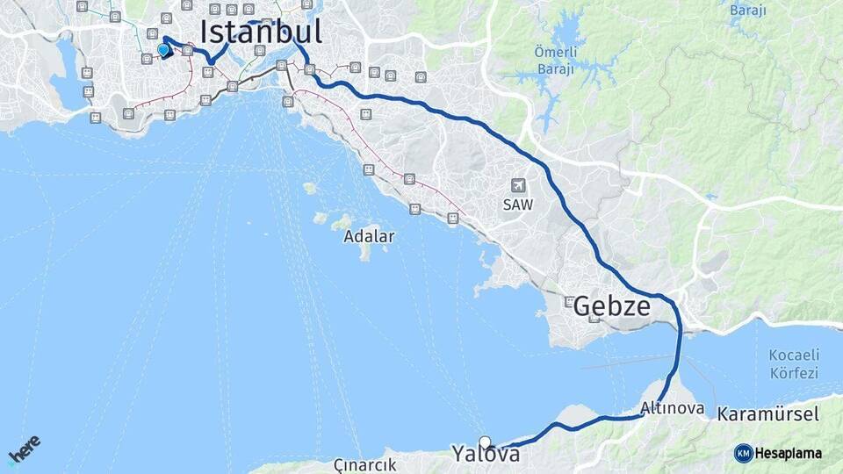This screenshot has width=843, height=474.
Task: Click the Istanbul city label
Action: [261, 32]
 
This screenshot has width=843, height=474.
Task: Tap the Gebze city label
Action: [612, 307]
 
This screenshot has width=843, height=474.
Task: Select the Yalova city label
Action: [486, 454]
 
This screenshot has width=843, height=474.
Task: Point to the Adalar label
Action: [369, 236]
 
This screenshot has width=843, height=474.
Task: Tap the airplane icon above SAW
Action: [517, 185]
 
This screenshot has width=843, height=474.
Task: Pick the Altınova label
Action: [671, 408]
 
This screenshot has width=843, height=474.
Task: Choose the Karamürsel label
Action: [767, 413]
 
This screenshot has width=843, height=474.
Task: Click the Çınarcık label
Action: [365, 463]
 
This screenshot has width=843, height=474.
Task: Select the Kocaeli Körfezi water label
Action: [793, 363]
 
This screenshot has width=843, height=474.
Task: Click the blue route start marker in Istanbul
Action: [162, 50]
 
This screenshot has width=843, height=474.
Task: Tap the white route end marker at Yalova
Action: [485, 442]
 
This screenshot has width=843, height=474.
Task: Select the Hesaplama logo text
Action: [789, 453]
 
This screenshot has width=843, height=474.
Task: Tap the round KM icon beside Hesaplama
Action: [744, 453]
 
